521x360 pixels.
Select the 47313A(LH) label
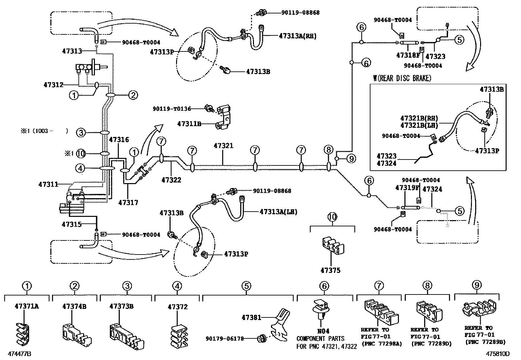(x=278, y=212)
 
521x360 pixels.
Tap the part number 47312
(x=53, y=85)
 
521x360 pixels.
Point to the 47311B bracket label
(x=189, y=124)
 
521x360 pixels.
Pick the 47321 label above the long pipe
(x=224, y=145)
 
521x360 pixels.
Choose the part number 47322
(x=171, y=180)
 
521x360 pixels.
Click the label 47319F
(x=407, y=188)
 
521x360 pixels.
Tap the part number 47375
(x=330, y=270)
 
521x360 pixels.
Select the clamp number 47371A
(x=27, y=307)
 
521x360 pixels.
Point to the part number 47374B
(x=75, y=307)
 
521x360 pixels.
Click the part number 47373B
(x=121, y=307)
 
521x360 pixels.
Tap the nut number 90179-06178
(x=225, y=339)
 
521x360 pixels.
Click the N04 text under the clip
(x=324, y=332)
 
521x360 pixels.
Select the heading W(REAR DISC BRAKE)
(x=402, y=78)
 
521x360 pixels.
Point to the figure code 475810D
(x=498, y=354)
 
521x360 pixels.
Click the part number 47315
(x=71, y=224)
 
